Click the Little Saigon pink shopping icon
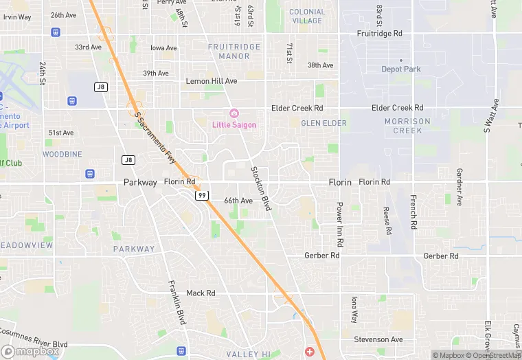coord(234,113)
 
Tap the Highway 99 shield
coord(201,195)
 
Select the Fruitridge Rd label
coord(380,33)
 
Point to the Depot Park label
coord(401,69)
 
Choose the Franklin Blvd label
coord(177,303)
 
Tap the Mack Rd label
coord(201,293)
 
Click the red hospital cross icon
coord(310,351)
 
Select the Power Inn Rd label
coord(339,224)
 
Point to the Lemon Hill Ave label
coord(212,81)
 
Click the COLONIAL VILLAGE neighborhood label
coord(306,16)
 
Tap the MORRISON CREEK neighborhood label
coord(407,126)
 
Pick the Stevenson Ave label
coord(378,339)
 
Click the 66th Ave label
coord(238,201)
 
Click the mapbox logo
coord(30,351)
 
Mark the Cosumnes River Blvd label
coord(33,337)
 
